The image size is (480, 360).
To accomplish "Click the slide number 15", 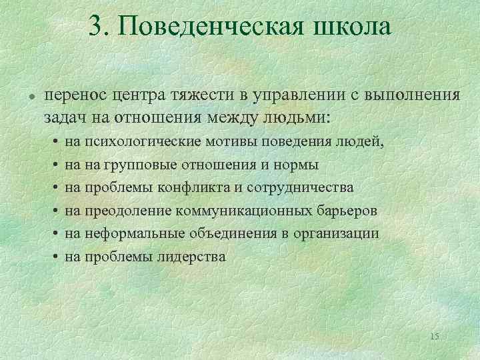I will coord(434,336).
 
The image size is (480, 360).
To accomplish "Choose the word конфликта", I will coord(199,187).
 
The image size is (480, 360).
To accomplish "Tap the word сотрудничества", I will coord(300,187).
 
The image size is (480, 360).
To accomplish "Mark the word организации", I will coord(340,233).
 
